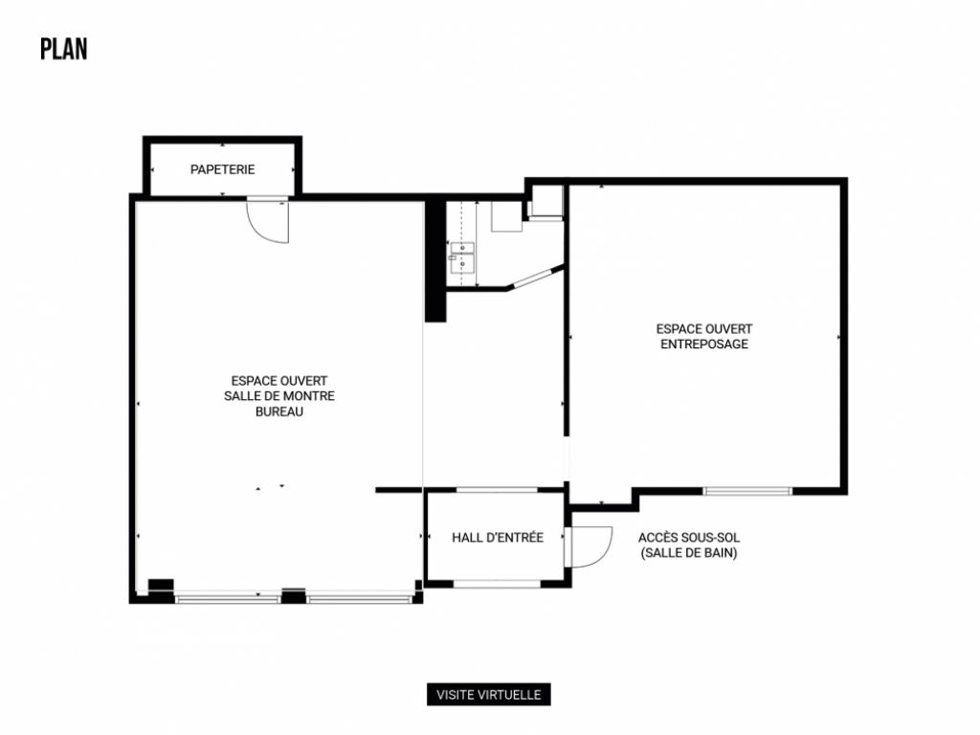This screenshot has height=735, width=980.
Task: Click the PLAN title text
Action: pos(63,50)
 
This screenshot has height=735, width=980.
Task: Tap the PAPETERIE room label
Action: pos(222,169)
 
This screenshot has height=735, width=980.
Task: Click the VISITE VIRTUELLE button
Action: pos(489,695)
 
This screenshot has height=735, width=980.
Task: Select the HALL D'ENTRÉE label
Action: pos(498,538)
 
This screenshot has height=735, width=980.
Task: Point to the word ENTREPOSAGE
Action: pos(704,345)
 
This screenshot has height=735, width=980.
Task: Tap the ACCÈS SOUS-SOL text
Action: pos(689,537)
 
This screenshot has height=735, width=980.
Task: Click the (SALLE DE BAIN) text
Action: pos(689,553)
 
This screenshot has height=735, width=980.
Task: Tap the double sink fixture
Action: pos(462,257)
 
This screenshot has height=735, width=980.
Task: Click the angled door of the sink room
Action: pos(534,278)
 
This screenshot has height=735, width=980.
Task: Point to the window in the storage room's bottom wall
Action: pos(747,491)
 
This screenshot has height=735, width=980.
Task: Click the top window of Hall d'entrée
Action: pos(496,490)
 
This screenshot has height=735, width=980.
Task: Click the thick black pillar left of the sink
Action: pos(434,258)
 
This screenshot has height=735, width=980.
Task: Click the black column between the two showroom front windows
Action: pos(293,595)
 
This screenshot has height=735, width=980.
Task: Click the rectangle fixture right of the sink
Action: pos(506,216)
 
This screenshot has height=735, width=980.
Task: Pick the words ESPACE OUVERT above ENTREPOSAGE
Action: pos(704,329)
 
